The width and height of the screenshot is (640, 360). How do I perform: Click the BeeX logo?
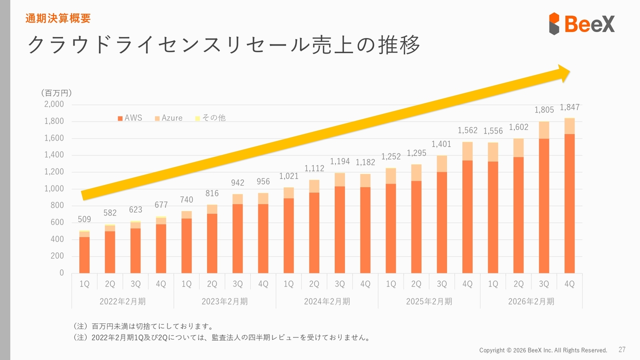(581, 23)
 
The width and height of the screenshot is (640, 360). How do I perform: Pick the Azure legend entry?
(168, 118)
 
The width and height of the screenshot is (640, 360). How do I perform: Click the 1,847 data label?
(569, 107)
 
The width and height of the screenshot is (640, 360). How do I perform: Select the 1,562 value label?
(467, 130)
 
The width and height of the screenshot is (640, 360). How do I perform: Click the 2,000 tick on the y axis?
(54, 104)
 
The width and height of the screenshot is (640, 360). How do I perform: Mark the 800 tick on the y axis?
(57, 205)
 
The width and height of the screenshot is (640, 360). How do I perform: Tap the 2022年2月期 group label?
(123, 301)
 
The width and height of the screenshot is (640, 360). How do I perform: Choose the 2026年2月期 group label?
(531, 301)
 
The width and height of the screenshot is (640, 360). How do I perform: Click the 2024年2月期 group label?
(327, 301)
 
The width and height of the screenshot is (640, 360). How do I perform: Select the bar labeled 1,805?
(544, 197)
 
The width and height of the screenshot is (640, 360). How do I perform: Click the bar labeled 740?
(186, 242)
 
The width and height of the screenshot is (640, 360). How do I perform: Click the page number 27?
(622, 349)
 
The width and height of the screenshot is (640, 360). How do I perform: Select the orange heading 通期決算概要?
(58, 19)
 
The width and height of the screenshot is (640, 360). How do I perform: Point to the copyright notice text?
(543, 350)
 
